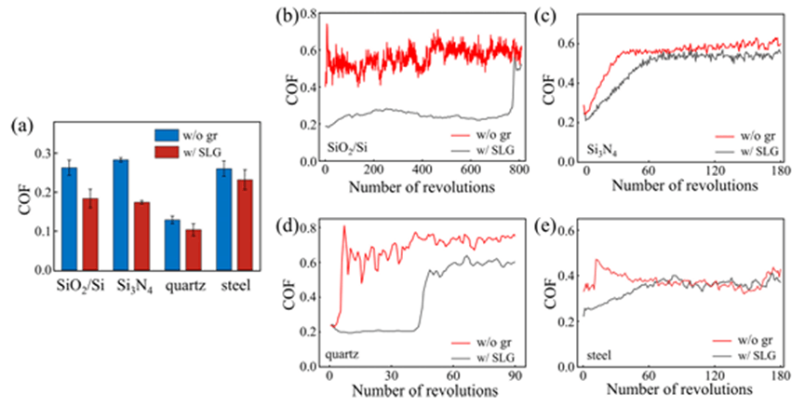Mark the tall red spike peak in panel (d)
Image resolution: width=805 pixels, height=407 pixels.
click(344, 226)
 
